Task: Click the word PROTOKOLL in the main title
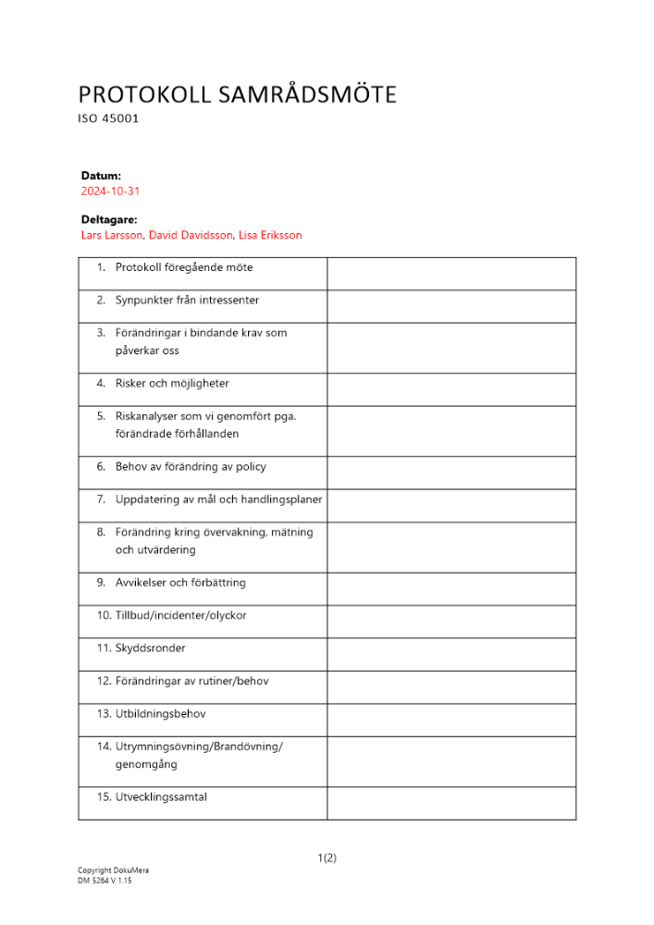point(132,94)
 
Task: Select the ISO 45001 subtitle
point(108,119)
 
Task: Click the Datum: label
point(101,175)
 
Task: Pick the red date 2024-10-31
point(110,191)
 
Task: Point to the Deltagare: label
point(109,220)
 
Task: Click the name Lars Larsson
point(111,235)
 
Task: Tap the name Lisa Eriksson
point(270,235)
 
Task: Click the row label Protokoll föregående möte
point(183,267)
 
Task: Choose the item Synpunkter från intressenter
point(187,300)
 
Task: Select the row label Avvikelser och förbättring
point(180,583)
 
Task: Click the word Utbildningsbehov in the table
point(160,714)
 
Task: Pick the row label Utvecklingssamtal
point(161,796)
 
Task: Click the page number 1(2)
point(327,857)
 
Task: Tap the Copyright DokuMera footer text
point(113,870)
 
